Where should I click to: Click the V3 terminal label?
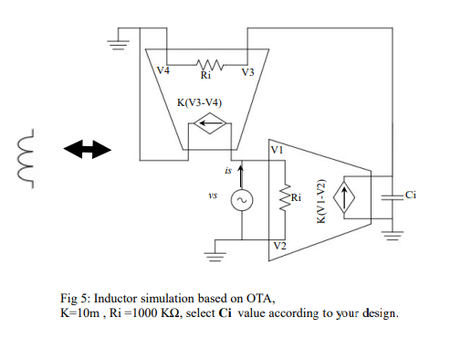tap(247, 71)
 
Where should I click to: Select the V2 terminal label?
tap(278, 245)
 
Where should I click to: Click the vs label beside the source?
tap(212, 195)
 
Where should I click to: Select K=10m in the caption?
tap(76, 312)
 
